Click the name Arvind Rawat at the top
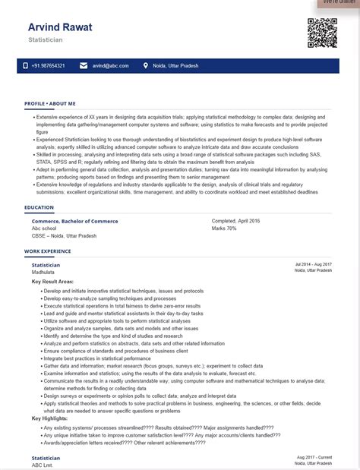(x=60, y=27)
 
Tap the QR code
(x=321, y=32)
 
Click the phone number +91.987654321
(x=48, y=66)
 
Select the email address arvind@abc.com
(x=110, y=66)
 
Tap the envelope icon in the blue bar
(x=84, y=66)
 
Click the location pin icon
(x=145, y=66)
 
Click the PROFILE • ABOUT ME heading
(x=49, y=103)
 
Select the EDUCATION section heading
(x=39, y=207)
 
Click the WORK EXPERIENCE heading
(x=47, y=251)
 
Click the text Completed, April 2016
(x=235, y=221)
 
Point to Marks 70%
(x=224, y=228)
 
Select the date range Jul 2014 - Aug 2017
(x=314, y=264)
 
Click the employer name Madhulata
(x=43, y=271)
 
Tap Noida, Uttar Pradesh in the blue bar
(x=172, y=66)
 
